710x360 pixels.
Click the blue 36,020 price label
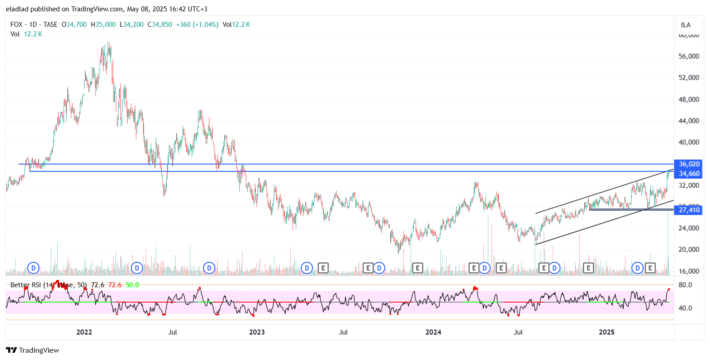coord(689,164)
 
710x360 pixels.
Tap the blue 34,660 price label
coord(689,174)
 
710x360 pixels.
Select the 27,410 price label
coord(689,210)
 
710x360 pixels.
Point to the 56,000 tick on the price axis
coord(689,56)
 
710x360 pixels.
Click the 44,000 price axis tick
coord(689,121)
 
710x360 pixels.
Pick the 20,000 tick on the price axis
coord(689,250)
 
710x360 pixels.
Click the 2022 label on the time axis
coord(84,332)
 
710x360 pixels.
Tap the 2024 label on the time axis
coord(433,332)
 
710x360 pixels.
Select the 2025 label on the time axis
coord(606,332)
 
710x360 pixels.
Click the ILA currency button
coord(686,25)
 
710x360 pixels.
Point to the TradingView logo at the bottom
coord(32,350)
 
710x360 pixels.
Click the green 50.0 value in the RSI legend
coord(132,285)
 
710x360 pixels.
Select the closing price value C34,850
coord(160,25)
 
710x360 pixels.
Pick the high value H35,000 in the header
coord(103,25)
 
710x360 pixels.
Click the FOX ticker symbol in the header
coord(16,25)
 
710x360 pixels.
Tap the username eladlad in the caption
coord(18,9)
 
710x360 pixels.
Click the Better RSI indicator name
coord(27,285)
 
